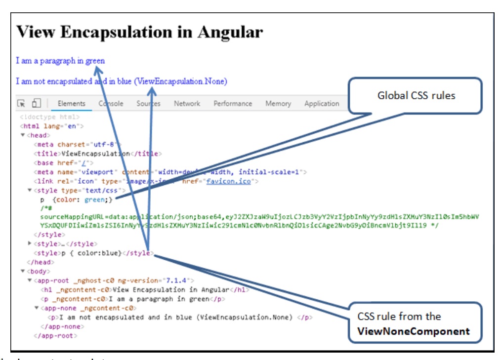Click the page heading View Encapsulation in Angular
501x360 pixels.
[139, 32]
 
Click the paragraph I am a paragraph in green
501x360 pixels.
[60, 61]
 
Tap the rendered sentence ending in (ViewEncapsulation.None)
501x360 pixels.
[122, 81]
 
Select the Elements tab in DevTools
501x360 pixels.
[71, 104]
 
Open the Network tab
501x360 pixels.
[187, 104]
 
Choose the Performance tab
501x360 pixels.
[233, 104]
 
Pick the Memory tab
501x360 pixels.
[278, 104]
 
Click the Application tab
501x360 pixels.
[322, 104]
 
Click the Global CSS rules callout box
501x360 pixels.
[416, 96]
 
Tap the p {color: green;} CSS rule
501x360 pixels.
[77, 199]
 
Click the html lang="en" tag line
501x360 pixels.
[52, 126]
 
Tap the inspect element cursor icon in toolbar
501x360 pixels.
[21, 104]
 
